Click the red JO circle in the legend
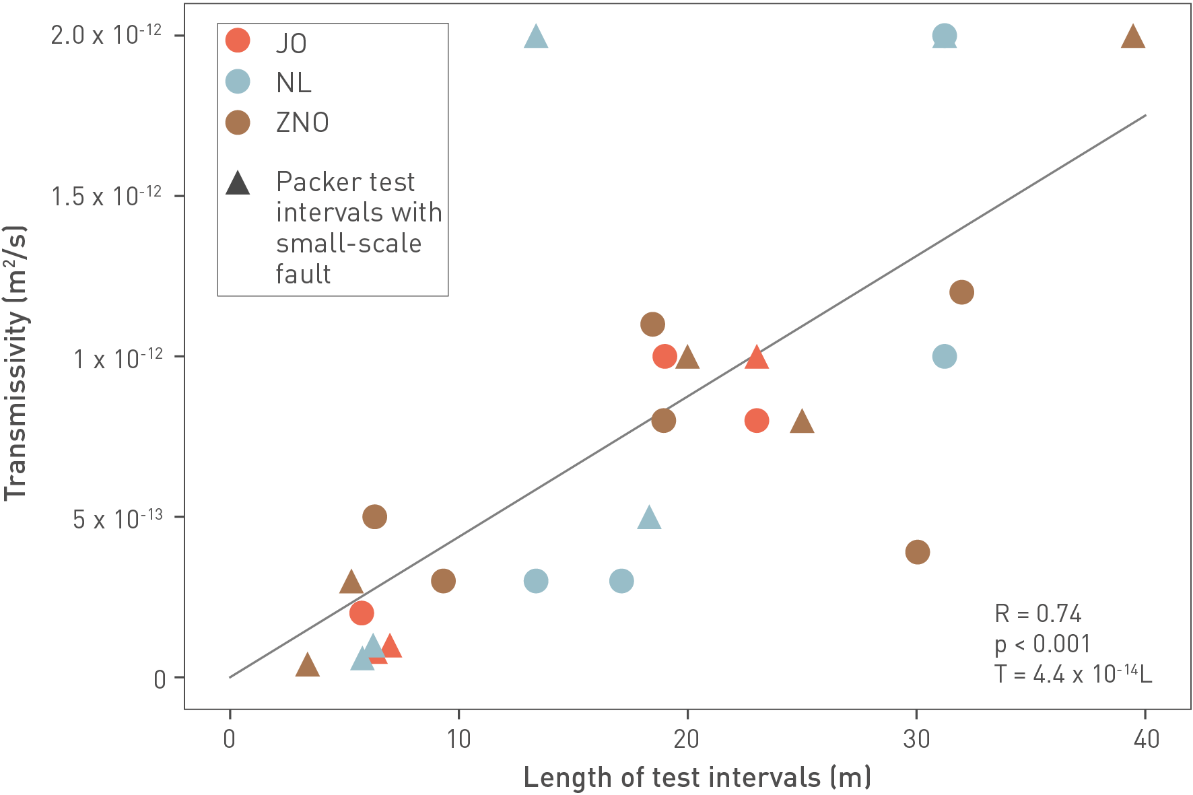[238, 40]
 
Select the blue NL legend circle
[238, 81]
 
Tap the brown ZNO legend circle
[238, 122]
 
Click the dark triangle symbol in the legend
[238, 183]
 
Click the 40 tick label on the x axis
[1146, 739]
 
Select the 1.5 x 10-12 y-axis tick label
[107, 196]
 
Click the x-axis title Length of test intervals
[697, 777]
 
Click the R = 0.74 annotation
[1037, 613]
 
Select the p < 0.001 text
[1042, 644]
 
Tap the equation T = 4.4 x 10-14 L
[1072, 673]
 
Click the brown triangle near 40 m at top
[1133, 36]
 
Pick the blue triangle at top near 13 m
[536, 36]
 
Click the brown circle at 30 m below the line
[918, 552]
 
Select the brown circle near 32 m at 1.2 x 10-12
[961, 292]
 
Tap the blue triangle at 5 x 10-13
[649, 518]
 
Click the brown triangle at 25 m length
[802, 422]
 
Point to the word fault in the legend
[303, 274]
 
